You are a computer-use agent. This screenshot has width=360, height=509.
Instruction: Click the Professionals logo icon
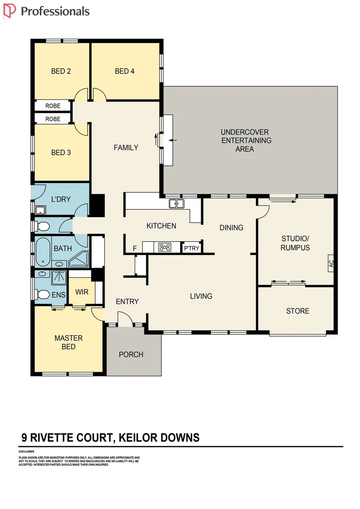9,10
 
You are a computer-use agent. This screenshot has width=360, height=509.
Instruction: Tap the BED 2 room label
61,71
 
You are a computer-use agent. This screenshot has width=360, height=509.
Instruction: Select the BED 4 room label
124,71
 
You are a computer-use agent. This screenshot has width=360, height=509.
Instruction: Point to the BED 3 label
61,153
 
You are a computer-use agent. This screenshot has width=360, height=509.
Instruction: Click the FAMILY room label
126,148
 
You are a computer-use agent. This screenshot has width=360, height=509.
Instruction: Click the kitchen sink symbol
177,204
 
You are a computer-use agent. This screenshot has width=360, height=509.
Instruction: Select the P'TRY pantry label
191,247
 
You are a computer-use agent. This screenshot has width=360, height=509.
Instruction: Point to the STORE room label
298,311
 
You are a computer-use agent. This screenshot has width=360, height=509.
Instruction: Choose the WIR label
82,292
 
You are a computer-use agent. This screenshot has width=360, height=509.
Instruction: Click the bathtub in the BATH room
43,253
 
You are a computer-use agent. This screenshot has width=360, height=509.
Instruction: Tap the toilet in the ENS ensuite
43,295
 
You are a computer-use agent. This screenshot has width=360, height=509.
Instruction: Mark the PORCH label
131,354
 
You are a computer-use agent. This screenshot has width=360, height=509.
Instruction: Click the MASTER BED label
68,342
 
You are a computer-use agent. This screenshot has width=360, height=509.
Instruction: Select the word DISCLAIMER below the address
27,452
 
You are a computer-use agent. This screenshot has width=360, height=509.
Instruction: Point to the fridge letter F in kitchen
135,248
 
